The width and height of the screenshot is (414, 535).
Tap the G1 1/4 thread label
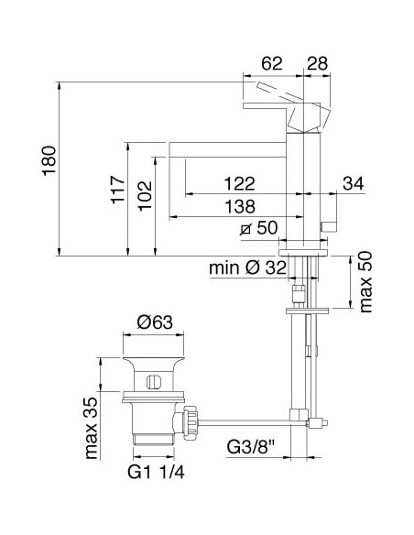(153, 475)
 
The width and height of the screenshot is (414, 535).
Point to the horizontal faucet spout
(229, 146)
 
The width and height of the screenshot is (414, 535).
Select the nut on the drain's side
(192, 420)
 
